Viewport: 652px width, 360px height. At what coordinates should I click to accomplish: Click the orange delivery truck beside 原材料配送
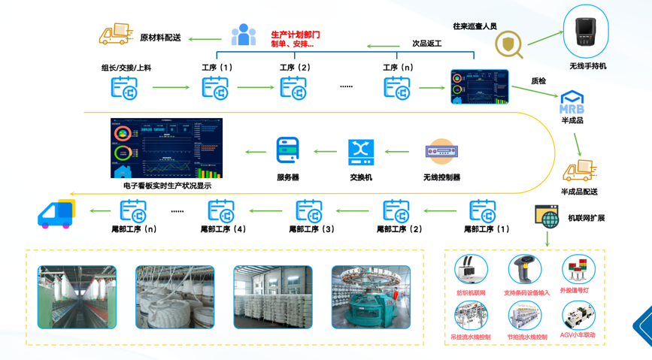pos(116,34)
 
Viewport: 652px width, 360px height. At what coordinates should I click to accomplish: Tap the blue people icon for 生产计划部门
pos(243,35)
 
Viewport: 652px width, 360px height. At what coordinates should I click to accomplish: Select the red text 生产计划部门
pos(296,35)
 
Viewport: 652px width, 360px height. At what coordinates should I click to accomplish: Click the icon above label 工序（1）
pos(215,88)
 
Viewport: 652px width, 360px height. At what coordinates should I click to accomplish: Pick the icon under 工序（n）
pos(397,88)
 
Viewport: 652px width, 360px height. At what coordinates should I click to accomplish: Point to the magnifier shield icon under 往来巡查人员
pos(509,44)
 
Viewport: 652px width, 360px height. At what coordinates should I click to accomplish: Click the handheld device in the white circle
pos(587,34)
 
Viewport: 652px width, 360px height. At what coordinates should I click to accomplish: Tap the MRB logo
pos(572,103)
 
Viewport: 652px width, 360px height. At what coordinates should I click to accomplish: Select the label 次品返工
pos(426,44)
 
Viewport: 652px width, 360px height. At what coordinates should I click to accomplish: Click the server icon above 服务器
pos(288,151)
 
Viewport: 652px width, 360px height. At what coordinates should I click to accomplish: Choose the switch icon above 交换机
pos(361,152)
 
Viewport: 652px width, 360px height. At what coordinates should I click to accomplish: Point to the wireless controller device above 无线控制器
pos(441,152)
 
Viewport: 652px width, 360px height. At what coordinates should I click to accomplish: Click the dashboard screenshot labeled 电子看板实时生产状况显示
pos(167,148)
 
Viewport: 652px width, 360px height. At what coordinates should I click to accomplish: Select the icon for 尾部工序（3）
pos(309,210)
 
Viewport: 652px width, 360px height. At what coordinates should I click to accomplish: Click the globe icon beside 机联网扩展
pos(547,218)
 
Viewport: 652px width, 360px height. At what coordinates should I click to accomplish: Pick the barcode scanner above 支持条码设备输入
pos(524,270)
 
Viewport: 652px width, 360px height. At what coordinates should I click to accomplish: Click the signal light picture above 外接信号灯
pos(578,269)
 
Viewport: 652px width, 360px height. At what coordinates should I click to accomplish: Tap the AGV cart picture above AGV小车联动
pos(578,315)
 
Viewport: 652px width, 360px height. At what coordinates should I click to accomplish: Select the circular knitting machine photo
pos(371,297)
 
